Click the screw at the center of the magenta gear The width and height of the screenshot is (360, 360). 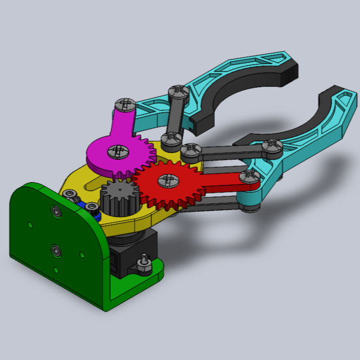pos(118,150)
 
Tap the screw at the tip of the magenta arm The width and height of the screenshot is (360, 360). pos(124,104)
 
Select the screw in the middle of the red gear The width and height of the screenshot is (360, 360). pos(166,180)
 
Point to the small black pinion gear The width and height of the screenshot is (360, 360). pos(117,197)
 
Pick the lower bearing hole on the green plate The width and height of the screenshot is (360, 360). pos(55,247)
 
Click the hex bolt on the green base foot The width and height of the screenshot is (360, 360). pos(145,263)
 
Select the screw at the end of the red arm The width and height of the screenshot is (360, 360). pos(247,178)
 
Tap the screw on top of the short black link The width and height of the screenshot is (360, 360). pos(178,91)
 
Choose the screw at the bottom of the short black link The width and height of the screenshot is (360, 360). pos(169,138)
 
